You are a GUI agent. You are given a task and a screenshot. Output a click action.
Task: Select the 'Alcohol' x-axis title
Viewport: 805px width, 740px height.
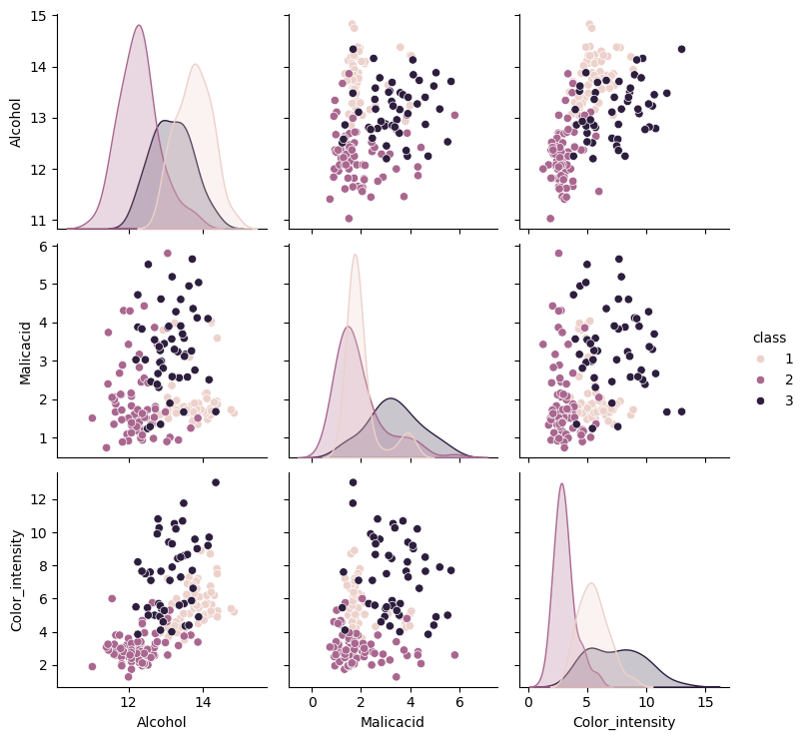pyautogui.click(x=162, y=721)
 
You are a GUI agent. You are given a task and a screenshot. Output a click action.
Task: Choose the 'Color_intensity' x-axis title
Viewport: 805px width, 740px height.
pyautogui.click(x=623, y=721)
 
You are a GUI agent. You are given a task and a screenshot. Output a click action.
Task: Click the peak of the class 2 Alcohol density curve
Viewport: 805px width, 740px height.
pyautogui.click(x=139, y=26)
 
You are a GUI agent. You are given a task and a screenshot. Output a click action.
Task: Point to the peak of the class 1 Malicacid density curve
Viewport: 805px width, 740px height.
pyautogui.click(x=356, y=255)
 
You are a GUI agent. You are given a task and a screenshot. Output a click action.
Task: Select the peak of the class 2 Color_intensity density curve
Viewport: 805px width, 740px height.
pyautogui.click(x=561, y=484)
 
